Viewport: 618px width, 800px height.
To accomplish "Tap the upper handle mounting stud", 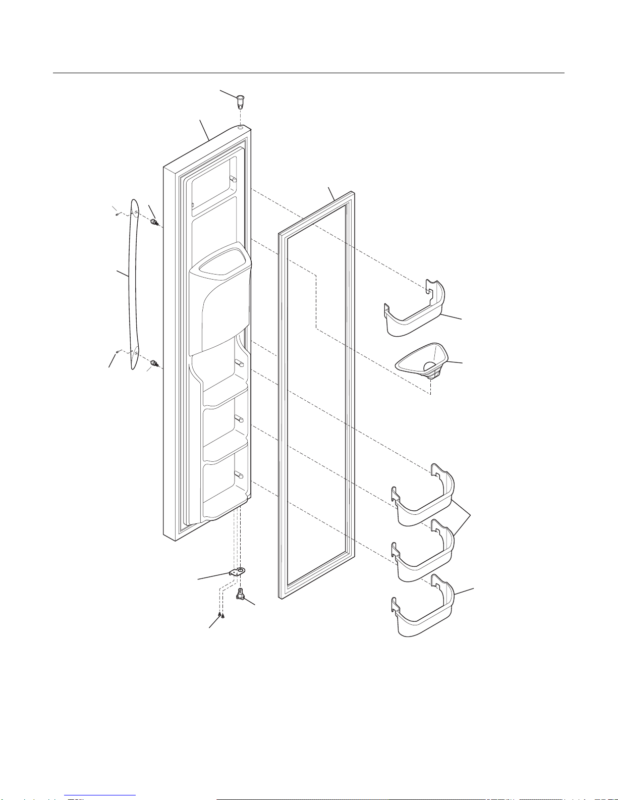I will coord(154,222).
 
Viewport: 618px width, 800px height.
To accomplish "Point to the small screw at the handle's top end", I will coord(117,214).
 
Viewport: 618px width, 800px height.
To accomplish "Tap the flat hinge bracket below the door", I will coord(238,572).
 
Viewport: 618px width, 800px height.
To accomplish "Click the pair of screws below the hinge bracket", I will coord(221,615).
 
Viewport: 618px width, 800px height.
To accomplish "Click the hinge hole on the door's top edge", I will coord(241,129).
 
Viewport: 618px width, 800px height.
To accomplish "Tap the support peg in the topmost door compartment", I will coord(233,178).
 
